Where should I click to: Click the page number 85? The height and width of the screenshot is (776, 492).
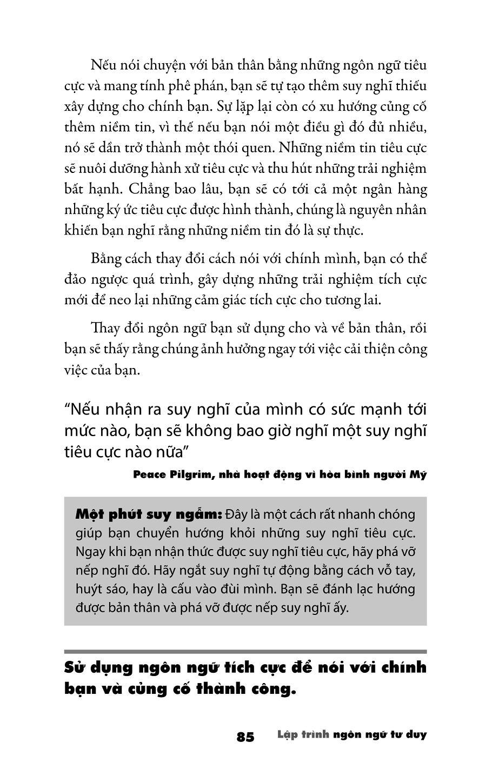[245, 737]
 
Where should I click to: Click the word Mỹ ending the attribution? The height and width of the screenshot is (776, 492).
[418, 475]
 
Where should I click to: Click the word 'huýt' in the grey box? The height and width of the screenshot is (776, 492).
[88, 588]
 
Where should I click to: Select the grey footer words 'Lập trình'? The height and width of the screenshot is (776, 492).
[303, 735]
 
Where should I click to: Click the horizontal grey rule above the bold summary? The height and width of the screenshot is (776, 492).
[245, 651]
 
